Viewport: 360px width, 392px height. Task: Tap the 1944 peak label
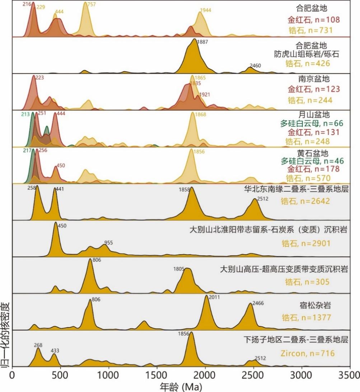pos(206,10)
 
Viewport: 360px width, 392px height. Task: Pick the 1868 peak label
pos(201,114)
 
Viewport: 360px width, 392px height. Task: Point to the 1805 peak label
pos(179,269)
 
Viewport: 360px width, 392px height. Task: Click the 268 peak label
pos(38,345)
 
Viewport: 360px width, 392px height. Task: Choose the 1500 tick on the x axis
pos(157,375)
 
